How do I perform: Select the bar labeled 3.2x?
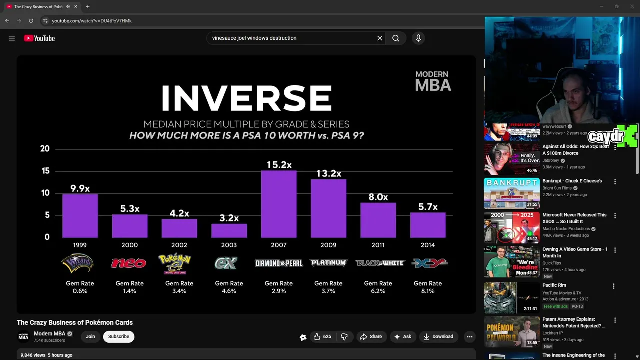click(229, 230)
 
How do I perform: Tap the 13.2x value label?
click(328, 173)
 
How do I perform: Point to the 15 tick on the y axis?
click(45, 171)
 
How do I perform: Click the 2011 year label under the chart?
click(378, 245)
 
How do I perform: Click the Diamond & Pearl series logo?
click(278, 263)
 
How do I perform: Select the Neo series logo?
click(128, 263)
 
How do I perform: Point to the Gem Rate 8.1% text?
click(427, 287)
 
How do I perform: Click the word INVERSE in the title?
click(246, 98)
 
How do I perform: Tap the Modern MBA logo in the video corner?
click(433, 81)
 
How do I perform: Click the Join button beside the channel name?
click(90, 336)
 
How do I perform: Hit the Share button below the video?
click(371, 337)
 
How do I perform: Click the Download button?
click(438, 337)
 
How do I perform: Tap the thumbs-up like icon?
click(317, 337)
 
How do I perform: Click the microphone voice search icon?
click(418, 38)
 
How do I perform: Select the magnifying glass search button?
click(395, 38)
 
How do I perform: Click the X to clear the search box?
click(380, 38)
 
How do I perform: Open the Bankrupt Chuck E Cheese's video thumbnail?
click(511, 193)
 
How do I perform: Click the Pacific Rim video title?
click(554, 285)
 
